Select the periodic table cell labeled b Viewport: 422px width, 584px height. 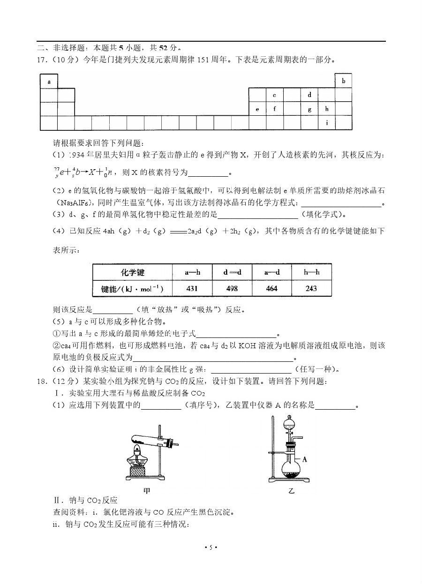[343, 81]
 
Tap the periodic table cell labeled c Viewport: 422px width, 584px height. [274, 95]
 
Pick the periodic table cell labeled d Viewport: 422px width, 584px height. [309, 95]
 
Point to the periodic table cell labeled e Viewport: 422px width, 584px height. [257, 109]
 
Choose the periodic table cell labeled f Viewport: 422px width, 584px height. [274, 109]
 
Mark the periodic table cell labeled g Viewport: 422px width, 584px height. [309, 109]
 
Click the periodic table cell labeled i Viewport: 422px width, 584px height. [326, 123]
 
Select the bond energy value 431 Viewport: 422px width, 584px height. [192, 289]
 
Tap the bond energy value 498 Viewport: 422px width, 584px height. [232, 289]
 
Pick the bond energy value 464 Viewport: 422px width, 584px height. [271, 289]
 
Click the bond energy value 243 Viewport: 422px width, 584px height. [311, 289]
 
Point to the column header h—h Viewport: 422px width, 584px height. [311, 272]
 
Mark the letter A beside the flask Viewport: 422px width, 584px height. [305, 459]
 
